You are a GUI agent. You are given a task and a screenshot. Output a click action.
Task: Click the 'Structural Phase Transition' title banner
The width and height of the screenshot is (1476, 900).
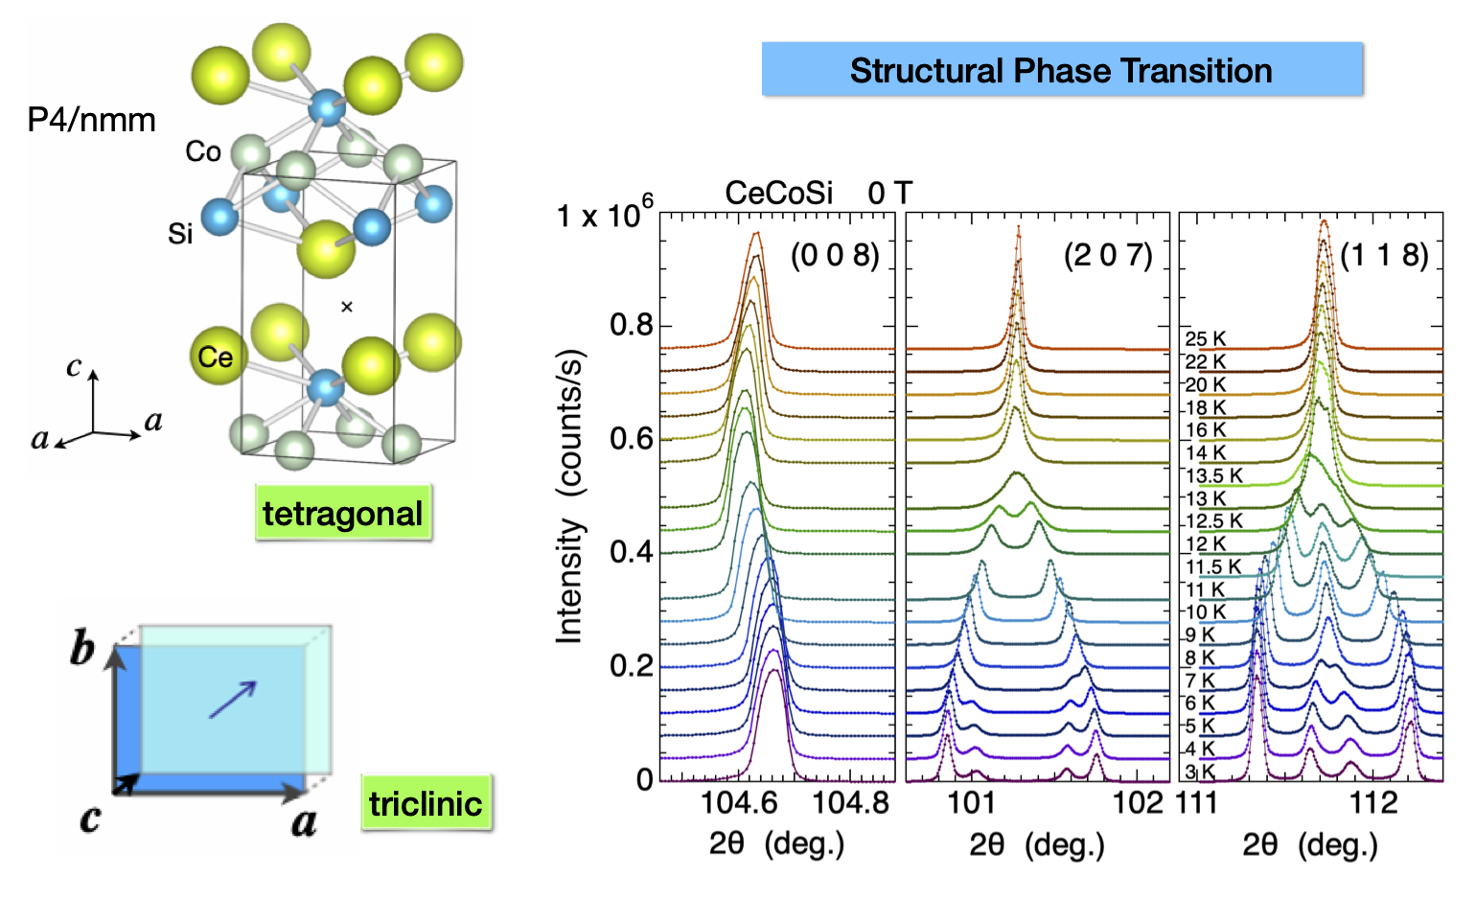coord(1061,70)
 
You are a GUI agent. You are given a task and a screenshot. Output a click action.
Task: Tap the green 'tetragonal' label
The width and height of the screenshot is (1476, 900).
coord(342,514)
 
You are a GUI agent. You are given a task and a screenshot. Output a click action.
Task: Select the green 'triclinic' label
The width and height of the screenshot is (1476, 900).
coord(425,803)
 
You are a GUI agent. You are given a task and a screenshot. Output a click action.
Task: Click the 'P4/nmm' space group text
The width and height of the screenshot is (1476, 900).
coord(91,120)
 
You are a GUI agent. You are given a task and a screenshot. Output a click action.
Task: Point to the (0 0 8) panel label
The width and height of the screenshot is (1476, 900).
coord(834,255)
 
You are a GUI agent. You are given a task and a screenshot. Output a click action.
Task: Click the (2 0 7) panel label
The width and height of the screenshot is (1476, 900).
coord(1108,255)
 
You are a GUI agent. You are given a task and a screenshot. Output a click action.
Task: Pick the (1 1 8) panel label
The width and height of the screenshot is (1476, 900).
coord(1384,255)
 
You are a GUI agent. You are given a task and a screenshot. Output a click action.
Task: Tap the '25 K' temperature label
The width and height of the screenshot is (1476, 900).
coord(1205,339)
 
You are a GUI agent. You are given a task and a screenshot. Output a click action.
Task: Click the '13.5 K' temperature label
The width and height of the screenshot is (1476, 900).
coord(1213,476)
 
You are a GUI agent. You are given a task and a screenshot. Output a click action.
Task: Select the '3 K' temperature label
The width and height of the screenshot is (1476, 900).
coord(1200,772)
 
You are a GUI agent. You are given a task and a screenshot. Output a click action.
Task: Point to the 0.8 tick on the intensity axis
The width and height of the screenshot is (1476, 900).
coord(632,325)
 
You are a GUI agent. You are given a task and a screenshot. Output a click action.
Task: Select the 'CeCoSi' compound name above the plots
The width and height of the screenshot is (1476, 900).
coord(778,193)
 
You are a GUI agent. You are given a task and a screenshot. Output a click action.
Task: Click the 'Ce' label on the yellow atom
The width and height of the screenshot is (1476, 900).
coord(216,358)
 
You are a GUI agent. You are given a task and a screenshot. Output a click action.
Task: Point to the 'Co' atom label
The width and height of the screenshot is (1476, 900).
coord(203,151)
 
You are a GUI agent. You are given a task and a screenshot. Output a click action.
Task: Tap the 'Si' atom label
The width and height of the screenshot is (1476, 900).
coord(180,233)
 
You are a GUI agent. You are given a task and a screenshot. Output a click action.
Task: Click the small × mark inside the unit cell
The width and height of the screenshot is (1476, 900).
coord(347,307)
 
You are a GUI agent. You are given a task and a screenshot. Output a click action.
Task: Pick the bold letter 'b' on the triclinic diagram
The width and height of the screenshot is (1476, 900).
coord(82,649)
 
